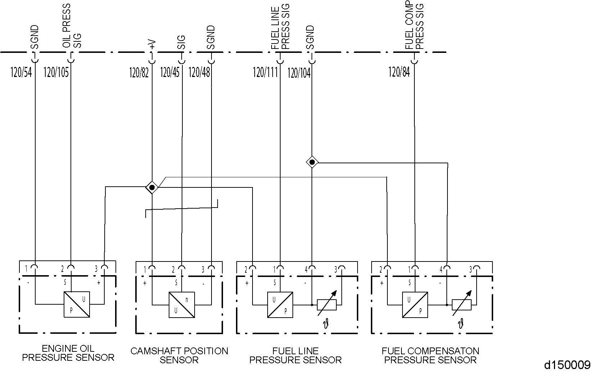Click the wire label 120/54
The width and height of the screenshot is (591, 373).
(x=21, y=73)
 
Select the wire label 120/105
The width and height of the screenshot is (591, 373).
(x=56, y=73)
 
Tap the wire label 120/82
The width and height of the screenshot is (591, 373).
(x=139, y=73)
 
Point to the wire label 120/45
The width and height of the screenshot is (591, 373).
(x=170, y=73)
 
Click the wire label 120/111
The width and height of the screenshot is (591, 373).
(x=265, y=73)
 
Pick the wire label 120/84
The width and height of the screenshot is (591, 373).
(x=399, y=73)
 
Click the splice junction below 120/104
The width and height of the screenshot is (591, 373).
(x=312, y=162)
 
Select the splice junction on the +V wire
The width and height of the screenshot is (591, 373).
(x=152, y=187)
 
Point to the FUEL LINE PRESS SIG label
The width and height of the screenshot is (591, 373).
(x=280, y=28)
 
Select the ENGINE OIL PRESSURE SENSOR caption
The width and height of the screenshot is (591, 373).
(x=68, y=353)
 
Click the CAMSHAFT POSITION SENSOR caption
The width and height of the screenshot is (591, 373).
(x=179, y=355)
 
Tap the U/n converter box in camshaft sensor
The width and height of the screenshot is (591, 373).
(x=182, y=305)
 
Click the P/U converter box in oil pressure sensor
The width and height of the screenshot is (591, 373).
(x=77, y=304)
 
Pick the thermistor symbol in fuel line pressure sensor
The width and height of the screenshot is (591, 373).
(x=327, y=305)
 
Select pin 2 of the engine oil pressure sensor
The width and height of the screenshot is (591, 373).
(x=71, y=268)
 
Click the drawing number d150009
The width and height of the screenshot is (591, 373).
(x=567, y=365)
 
